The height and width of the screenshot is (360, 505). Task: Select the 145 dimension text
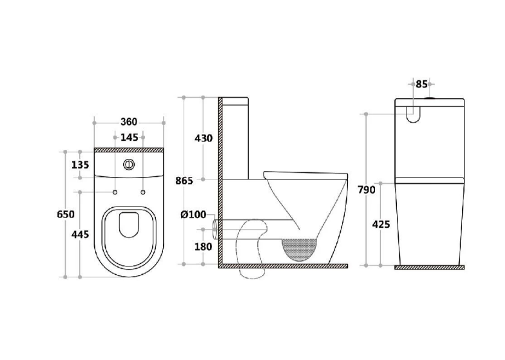tap(129, 138)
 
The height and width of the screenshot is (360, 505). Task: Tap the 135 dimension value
tap(81, 164)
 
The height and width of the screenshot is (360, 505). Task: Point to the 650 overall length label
tap(66, 214)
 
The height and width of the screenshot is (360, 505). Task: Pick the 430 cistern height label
tap(203, 138)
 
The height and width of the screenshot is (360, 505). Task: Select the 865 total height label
tap(184, 181)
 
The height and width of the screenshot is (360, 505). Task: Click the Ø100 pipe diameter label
tap(193, 214)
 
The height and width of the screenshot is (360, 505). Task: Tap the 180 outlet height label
tap(203, 246)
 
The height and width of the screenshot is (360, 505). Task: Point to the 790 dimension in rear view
tap(366, 190)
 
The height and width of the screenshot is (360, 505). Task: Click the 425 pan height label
tap(381, 224)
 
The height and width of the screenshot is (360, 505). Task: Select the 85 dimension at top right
tap(421, 85)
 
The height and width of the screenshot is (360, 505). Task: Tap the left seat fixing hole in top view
tap(115, 192)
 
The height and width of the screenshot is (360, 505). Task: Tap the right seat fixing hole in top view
tap(143, 192)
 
